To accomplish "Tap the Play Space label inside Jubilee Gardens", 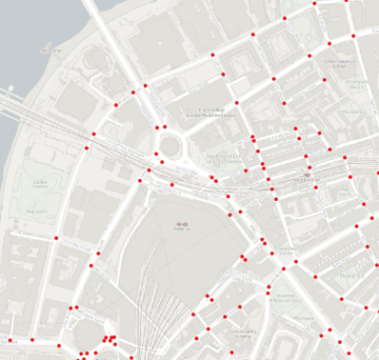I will click(38, 210).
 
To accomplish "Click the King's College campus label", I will click(209, 111).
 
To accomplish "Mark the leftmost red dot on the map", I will click(11, 339).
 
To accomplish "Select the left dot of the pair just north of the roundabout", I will click(157, 127).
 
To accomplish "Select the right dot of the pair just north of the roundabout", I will click(166, 127).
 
